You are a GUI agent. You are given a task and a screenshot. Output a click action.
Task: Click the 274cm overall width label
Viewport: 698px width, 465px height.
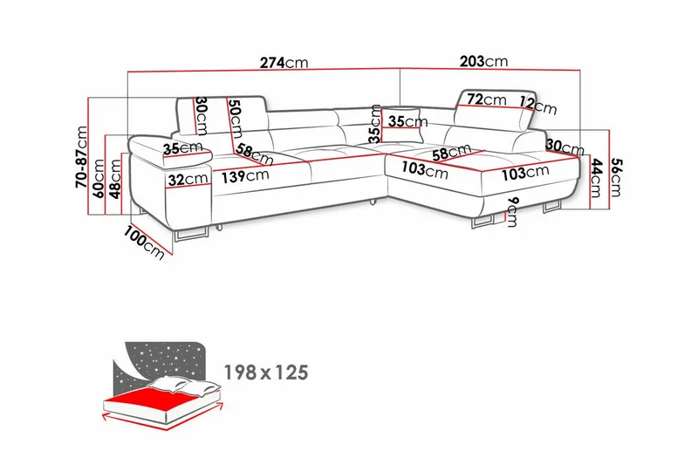click(284, 63)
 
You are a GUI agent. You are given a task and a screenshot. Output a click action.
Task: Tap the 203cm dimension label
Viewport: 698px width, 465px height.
click(482, 62)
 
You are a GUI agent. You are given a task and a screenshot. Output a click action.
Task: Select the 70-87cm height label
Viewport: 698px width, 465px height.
click(83, 158)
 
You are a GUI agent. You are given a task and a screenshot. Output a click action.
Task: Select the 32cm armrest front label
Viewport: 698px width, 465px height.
click(188, 180)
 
